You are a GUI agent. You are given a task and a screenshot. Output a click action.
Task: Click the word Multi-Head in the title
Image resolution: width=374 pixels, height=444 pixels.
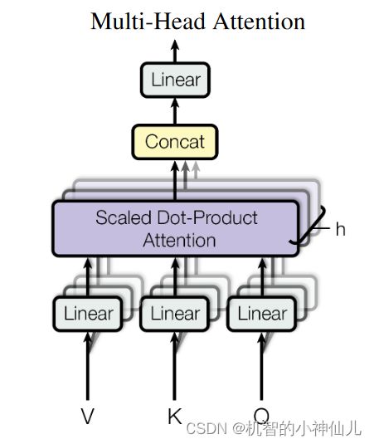[x=148, y=22]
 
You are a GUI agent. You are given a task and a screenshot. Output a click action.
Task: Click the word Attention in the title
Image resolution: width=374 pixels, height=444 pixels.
[x=259, y=22]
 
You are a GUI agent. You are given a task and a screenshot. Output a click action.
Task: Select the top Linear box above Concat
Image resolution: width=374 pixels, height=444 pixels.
[x=175, y=81]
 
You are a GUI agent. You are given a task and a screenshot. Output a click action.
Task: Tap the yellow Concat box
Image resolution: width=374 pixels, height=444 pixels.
[x=175, y=142]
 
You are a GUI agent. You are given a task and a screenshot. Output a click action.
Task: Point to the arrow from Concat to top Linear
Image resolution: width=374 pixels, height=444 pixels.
[x=175, y=111]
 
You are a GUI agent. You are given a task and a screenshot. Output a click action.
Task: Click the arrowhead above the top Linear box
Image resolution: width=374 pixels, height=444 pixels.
[x=175, y=46]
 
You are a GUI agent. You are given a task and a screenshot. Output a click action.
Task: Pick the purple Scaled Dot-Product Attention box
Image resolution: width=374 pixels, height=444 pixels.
[x=176, y=228]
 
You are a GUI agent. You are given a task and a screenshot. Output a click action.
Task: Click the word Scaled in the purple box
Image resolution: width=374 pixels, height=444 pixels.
[x=124, y=217]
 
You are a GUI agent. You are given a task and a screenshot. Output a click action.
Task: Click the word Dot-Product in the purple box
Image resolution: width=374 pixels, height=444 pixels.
[x=207, y=217]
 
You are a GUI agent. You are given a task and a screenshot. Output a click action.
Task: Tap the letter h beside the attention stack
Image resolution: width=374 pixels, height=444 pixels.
[x=341, y=229]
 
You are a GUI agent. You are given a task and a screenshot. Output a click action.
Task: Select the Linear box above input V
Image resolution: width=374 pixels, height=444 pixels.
[x=88, y=314]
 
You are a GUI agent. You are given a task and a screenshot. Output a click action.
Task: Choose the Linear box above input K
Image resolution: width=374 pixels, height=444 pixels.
[x=175, y=314]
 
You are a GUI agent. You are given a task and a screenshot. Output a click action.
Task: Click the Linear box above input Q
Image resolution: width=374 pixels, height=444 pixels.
[x=262, y=314]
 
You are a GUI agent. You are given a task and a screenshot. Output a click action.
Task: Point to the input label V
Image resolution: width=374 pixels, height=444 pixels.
[x=87, y=416]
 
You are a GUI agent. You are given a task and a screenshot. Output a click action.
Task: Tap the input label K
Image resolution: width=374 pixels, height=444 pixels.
[x=174, y=416]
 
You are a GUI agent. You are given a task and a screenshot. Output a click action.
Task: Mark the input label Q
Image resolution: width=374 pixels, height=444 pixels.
[x=261, y=415]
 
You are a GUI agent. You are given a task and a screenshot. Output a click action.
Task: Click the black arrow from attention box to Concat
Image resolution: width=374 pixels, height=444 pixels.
[x=175, y=181]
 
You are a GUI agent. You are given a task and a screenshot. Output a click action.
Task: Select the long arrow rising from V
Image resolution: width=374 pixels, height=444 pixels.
[x=88, y=366]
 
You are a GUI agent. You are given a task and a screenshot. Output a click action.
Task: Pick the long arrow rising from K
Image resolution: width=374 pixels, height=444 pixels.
[x=174, y=366]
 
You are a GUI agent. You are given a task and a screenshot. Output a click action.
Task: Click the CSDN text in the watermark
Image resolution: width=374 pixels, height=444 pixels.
[x=206, y=428]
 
